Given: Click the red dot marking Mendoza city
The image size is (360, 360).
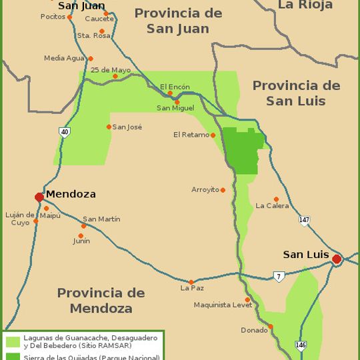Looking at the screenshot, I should (39, 197).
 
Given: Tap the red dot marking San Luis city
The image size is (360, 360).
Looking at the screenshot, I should (337, 259).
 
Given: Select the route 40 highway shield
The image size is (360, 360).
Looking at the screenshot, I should (64, 132).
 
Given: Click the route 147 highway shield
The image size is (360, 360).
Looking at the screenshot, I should (304, 220).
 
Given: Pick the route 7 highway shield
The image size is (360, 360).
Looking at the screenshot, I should (278, 276).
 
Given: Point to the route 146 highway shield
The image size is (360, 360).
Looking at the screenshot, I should (301, 345).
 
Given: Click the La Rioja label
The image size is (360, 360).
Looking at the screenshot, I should (305, 5).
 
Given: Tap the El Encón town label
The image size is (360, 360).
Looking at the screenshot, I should (175, 87).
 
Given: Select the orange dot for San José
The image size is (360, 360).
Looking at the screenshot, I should (109, 127).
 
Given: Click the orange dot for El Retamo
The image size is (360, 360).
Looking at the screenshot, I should (213, 135).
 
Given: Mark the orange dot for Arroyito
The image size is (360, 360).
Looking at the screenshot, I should (223, 190).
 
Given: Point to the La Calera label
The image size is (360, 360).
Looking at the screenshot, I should (272, 206).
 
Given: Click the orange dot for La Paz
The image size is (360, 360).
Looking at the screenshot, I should (191, 282).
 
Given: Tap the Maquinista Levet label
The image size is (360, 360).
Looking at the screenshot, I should (223, 305).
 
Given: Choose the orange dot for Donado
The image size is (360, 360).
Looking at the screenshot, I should (271, 327).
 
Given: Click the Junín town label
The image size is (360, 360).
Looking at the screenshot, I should (81, 241).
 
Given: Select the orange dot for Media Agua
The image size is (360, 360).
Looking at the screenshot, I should (91, 59).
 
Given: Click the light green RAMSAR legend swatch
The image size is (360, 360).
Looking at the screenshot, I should (13, 341).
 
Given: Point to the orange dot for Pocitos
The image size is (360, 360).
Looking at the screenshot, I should (69, 17).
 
